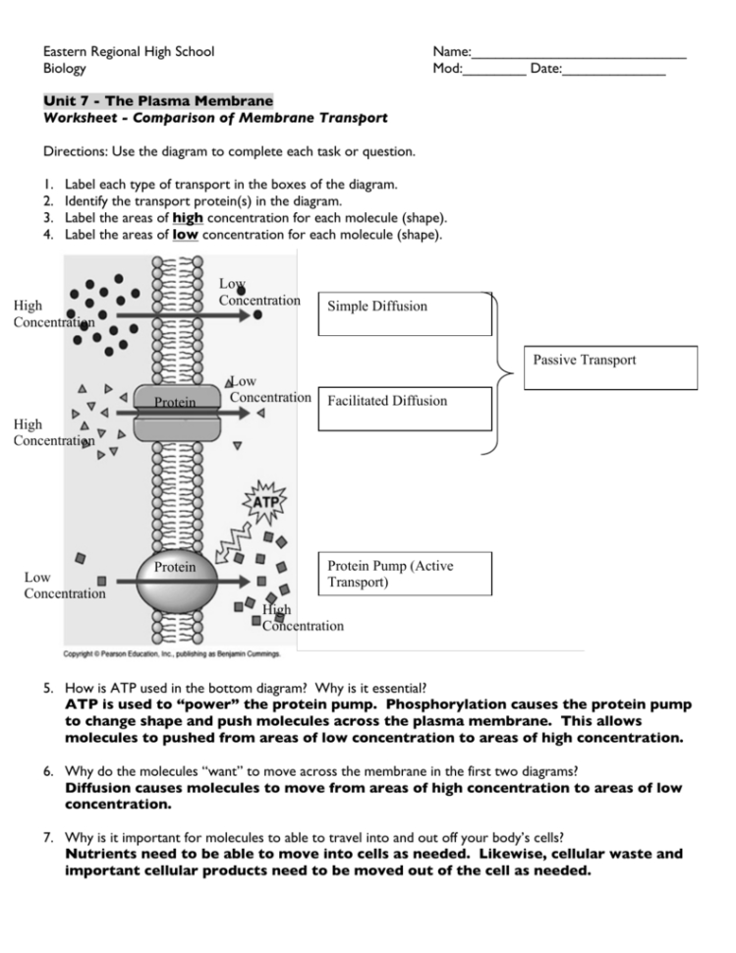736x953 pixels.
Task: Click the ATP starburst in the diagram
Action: [267, 502]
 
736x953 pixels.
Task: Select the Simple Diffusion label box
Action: [405, 313]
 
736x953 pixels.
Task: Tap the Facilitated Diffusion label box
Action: [405, 408]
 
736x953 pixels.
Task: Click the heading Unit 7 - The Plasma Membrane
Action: [158, 101]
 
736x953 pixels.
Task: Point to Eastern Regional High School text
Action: [129, 51]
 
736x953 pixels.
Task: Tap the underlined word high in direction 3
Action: [187, 217]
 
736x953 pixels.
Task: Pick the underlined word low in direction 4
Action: [185, 235]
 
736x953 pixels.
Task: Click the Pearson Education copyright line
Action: [172, 652]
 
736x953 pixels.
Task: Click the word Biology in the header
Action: [65, 69]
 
